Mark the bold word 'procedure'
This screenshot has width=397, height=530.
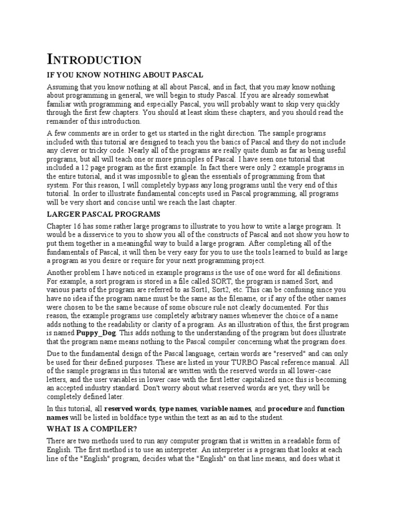[285, 409]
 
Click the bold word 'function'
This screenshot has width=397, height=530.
[331, 409]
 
